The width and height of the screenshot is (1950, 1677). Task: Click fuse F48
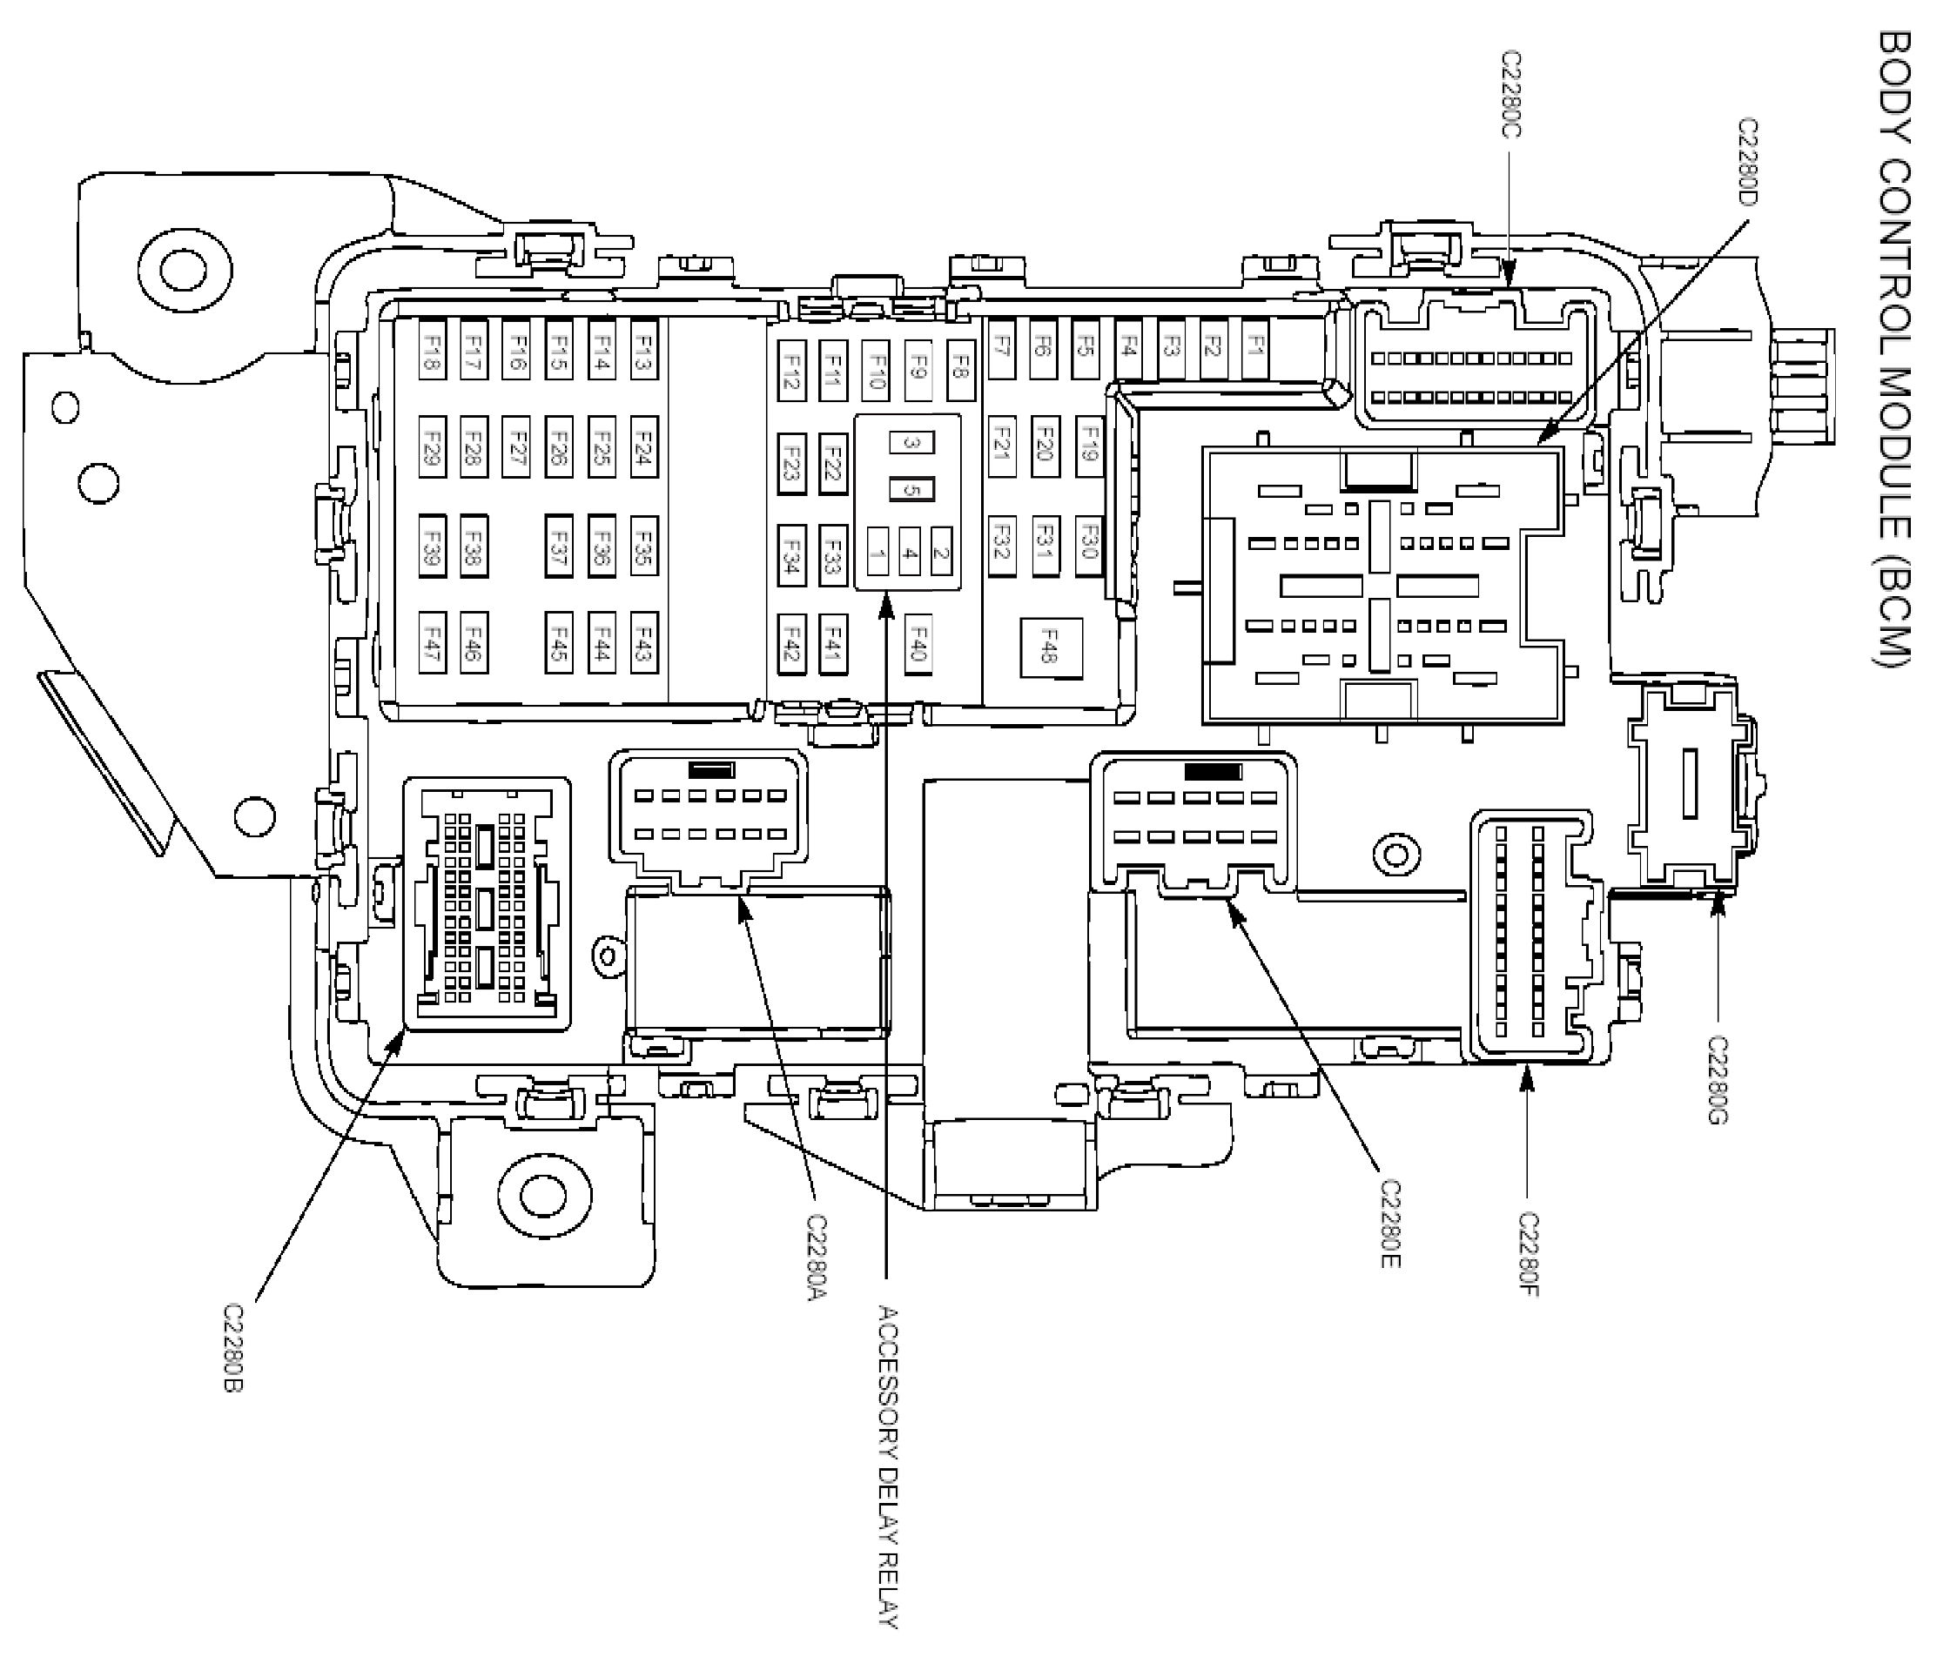(x=1050, y=647)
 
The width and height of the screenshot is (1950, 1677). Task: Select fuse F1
(x=1255, y=348)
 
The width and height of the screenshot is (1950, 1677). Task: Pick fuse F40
(x=918, y=644)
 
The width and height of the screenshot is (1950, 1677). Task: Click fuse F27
(x=515, y=446)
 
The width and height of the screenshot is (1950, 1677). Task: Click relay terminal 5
(x=911, y=489)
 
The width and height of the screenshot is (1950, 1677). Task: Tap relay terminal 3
(x=911, y=442)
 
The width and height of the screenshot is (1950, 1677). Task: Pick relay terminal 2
(x=940, y=554)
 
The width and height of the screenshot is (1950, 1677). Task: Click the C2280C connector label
(x=1510, y=94)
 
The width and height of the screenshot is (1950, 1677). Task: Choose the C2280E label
(x=1390, y=1224)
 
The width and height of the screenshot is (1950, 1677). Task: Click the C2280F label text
(x=1529, y=1254)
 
